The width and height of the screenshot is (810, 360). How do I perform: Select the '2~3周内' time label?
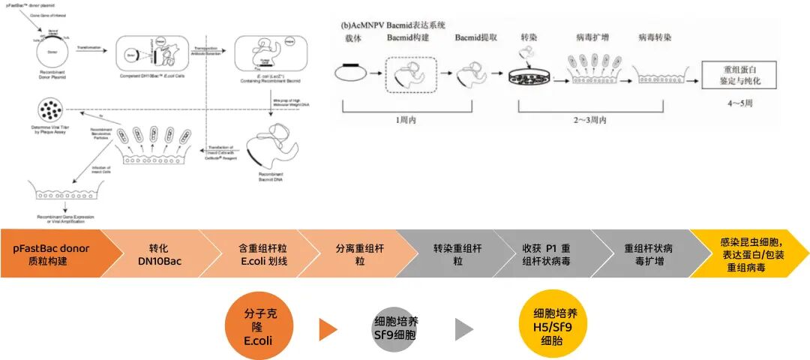[593, 120]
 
